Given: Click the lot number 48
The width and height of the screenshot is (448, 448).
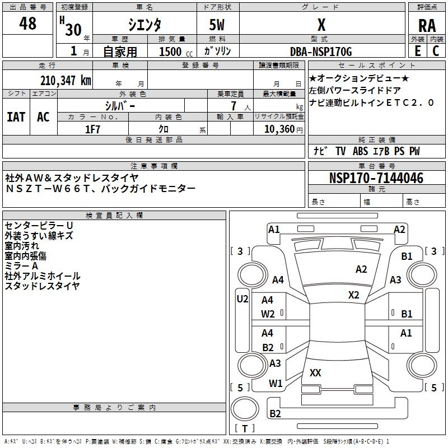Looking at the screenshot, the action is pyautogui.click(x=27, y=24).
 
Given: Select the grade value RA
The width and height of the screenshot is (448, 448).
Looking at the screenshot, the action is pyautogui.click(x=427, y=26).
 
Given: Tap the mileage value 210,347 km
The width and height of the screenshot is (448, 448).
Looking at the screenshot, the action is pyautogui.click(x=66, y=80).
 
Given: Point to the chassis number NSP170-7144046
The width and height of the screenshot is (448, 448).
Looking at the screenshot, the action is pyautogui.click(x=376, y=178).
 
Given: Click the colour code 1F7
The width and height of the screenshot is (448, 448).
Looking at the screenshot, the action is pyautogui.click(x=92, y=129).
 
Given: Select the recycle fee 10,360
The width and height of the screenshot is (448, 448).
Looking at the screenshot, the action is pyautogui.click(x=278, y=129).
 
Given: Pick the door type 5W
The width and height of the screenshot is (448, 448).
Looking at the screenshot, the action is pyautogui.click(x=217, y=25).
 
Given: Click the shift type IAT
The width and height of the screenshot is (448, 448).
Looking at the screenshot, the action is pyautogui.click(x=16, y=116).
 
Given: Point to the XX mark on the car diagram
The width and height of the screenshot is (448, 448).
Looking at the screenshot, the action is pyautogui.click(x=315, y=372).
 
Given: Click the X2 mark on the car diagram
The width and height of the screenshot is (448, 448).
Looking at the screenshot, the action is pyautogui.click(x=354, y=295).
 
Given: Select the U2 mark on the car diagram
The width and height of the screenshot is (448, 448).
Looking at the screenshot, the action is pyautogui.click(x=242, y=299).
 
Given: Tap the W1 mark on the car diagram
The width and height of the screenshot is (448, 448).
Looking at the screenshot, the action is pyautogui.click(x=275, y=384).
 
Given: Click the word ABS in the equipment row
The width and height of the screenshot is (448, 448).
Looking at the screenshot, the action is pyautogui.click(x=360, y=151).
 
